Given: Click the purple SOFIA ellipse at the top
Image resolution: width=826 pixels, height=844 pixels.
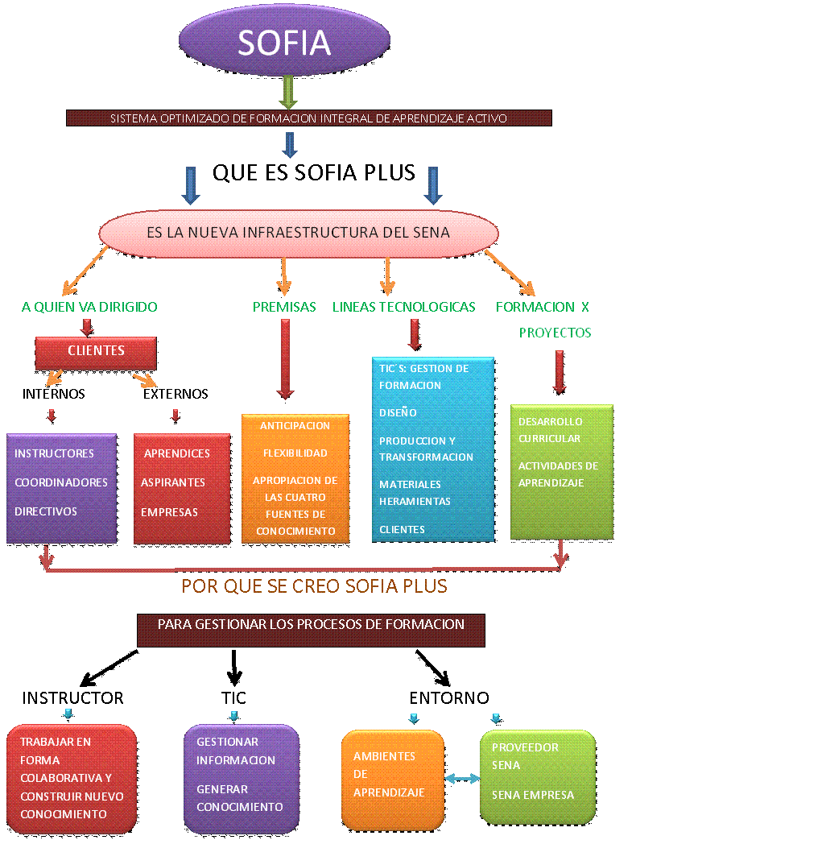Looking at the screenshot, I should [x=283, y=42].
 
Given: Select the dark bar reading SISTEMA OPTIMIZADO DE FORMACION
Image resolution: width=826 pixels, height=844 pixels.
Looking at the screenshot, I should [x=308, y=118].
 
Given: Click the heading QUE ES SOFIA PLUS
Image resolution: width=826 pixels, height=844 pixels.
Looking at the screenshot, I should [x=314, y=172].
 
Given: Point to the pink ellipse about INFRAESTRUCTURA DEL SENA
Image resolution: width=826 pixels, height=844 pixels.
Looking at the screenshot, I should [x=298, y=233].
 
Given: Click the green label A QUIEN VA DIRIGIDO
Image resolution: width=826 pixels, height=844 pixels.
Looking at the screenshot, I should [x=89, y=307].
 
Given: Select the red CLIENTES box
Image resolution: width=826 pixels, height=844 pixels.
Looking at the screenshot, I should [x=96, y=351].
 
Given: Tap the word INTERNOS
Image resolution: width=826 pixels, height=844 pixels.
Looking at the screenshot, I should [x=53, y=394].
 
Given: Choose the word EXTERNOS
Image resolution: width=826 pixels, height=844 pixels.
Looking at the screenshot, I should [x=176, y=394].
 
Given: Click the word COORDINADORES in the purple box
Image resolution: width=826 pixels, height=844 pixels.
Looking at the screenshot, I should [x=61, y=482].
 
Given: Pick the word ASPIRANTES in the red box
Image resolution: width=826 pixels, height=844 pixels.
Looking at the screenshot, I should [x=173, y=482].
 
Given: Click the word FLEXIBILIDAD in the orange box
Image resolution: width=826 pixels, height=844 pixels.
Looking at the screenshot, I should [x=295, y=453].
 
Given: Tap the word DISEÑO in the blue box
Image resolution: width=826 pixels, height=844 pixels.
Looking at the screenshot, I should [x=398, y=412].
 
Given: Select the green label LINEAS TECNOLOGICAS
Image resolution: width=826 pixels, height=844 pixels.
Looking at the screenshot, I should [x=403, y=307].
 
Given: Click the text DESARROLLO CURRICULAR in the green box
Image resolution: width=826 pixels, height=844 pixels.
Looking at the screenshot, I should [x=550, y=430].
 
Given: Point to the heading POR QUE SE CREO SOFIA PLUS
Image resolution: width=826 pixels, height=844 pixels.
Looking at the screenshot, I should [x=314, y=586].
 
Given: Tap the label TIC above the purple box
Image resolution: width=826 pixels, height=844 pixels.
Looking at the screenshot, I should [x=233, y=697].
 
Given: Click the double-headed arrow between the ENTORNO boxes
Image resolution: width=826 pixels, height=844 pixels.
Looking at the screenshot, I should [x=462, y=778].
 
